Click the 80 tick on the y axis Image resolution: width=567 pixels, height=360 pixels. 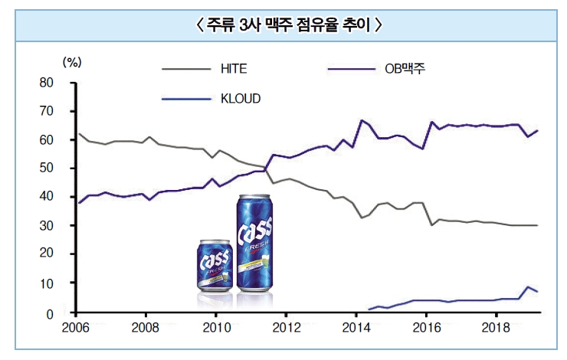[x=46, y=83]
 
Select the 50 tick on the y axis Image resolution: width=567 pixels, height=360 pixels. [x=46, y=169]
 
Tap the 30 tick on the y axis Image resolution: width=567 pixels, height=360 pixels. [x=46, y=226]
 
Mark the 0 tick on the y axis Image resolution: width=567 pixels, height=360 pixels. [x=50, y=313]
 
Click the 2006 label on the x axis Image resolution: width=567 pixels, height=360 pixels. [x=75, y=327]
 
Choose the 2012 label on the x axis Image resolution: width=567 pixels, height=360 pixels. [x=286, y=327]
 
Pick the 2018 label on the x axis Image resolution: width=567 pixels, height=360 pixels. [x=496, y=327]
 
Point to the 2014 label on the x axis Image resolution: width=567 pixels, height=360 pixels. [x=356, y=327]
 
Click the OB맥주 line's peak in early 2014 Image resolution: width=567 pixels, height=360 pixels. [x=361, y=121]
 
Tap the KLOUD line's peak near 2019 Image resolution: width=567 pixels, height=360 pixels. [x=527, y=287]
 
